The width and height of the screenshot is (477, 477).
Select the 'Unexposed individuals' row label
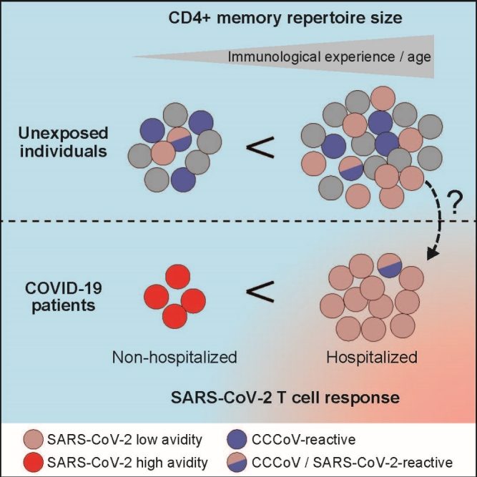pos(59,144)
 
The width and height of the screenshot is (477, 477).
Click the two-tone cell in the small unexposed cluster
pos(180,137)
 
